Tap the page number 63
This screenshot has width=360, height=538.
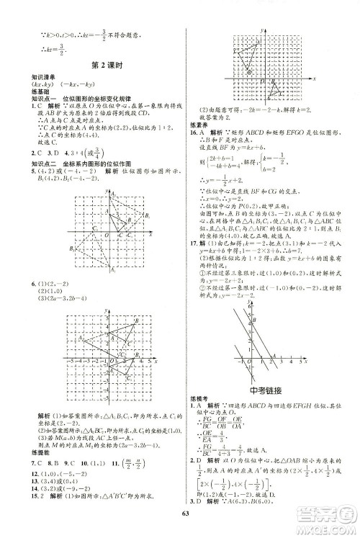click(179, 513)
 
